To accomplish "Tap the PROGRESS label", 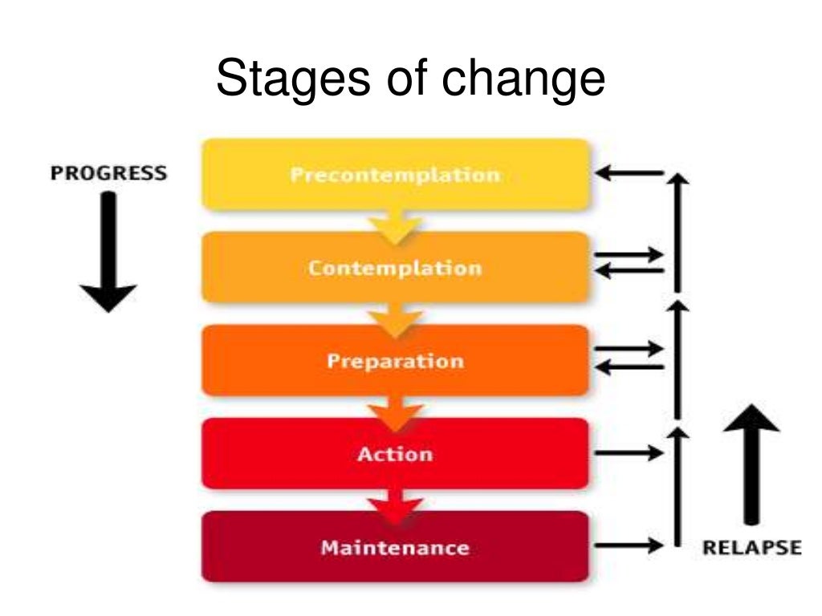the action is click(109, 173).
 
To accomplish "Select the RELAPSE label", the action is click(751, 548).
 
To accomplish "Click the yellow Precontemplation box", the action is click(395, 174).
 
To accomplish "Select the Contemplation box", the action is click(395, 267).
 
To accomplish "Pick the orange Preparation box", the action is click(395, 360).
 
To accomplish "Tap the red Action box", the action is click(395, 453).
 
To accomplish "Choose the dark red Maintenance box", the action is click(395, 547).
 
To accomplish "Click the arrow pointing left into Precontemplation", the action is click(629, 172).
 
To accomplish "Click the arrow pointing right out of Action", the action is click(629, 453).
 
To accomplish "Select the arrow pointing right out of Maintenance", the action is click(629, 545).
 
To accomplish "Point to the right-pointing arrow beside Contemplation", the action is click(629, 255).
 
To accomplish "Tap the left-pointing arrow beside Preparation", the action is click(629, 367).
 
